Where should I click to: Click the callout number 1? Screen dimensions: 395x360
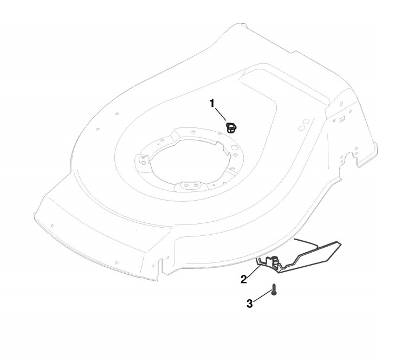(212, 101)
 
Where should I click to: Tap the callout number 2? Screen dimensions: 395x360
(244, 279)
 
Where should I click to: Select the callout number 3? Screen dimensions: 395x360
(250, 304)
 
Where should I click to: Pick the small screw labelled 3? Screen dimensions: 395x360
(275, 290)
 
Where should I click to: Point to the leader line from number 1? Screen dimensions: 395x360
(221, 114)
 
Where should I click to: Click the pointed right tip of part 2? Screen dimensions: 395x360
(341, 247)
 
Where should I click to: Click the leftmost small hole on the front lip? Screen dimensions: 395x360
(51, 225)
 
